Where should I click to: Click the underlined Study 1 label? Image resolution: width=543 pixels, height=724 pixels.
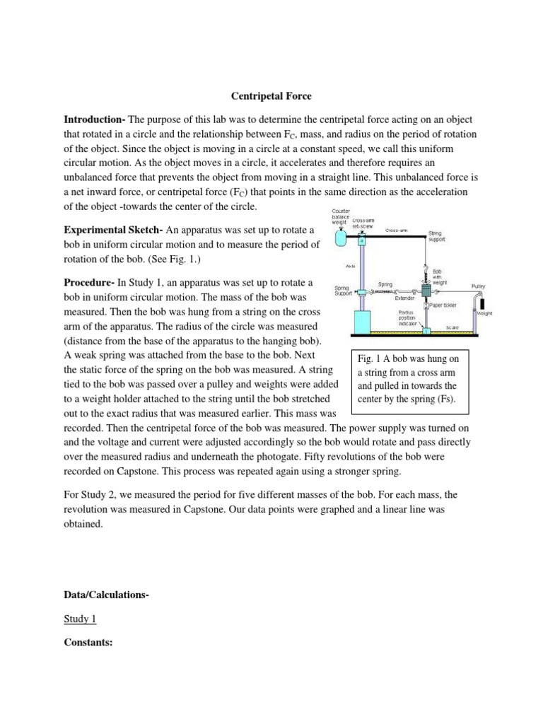point(80,619)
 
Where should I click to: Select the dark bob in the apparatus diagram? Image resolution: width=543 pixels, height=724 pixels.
point(426,290)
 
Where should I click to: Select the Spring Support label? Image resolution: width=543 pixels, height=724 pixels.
point(344,290)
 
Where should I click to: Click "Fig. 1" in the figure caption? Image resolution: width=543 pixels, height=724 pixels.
point(371,358)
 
